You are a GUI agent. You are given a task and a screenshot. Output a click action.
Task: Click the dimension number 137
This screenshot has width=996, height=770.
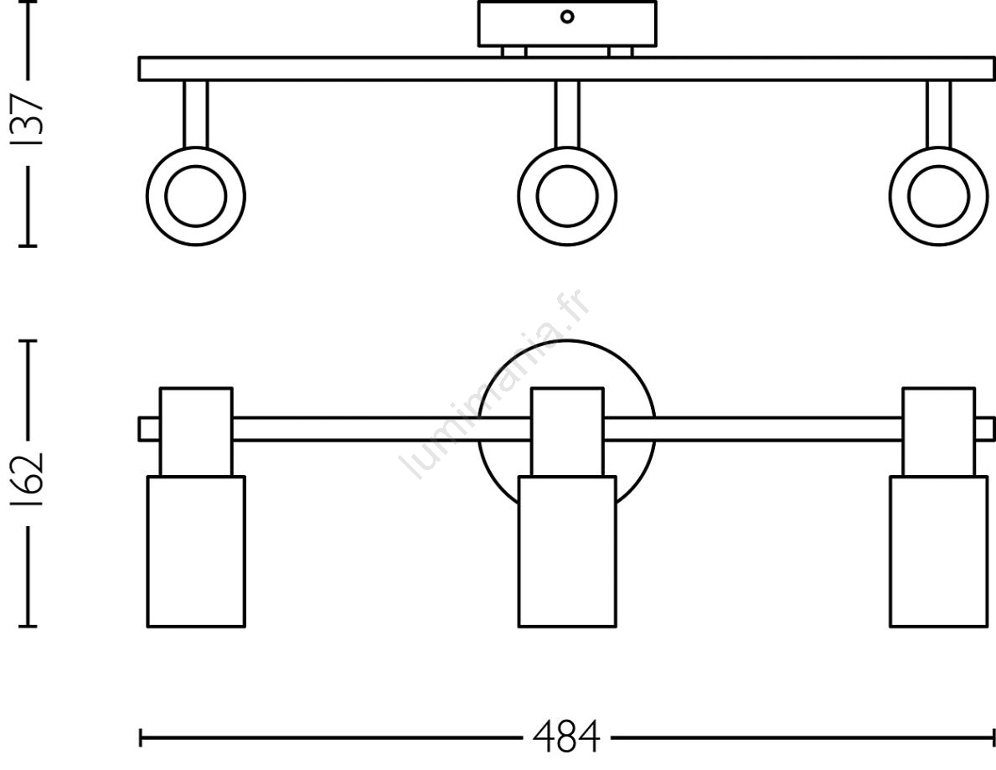(x=28, y=121)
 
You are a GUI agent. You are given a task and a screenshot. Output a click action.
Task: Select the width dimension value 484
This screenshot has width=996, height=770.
(x=566, y=737)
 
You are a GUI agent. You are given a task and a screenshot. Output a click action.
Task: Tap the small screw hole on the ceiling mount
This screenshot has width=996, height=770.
(x=567, y=17)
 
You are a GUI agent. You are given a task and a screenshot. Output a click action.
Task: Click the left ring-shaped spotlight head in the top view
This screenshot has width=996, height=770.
(x=196, y=196)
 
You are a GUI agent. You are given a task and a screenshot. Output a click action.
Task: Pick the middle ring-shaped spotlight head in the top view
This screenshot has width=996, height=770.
(x=567, y=196)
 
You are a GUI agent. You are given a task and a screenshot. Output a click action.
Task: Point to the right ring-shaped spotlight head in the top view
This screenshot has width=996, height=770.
(x=939, y=196)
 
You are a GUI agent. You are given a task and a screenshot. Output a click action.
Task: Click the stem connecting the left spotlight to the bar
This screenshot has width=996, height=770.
(x=196, y=114)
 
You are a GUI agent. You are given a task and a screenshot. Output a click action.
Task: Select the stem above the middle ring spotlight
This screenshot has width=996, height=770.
(x=567, y=114)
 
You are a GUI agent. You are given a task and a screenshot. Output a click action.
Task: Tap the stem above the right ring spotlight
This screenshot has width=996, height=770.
(x=939, y=114)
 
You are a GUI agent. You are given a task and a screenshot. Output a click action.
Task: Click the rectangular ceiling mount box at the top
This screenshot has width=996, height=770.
(x=567, y=23)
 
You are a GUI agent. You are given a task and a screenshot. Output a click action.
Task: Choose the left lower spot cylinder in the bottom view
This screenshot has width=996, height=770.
(x=196, y=551)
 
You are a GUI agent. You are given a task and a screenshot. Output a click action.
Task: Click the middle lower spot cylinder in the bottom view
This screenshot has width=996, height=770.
(x=567, y=551)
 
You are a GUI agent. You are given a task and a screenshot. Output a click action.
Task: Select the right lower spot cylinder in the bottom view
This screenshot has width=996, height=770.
(x=939, y=551)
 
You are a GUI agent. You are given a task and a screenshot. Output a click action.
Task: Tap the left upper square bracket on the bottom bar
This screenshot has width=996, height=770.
(x=196, y=432)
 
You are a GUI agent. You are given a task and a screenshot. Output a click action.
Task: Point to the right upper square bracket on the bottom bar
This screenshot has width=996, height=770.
(x=939, y=432)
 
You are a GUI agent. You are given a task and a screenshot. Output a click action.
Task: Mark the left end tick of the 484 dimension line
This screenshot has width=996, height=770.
(x=141, y=737)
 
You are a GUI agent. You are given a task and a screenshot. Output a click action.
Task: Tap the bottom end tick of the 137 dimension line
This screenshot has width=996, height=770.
(x=28, y=244)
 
